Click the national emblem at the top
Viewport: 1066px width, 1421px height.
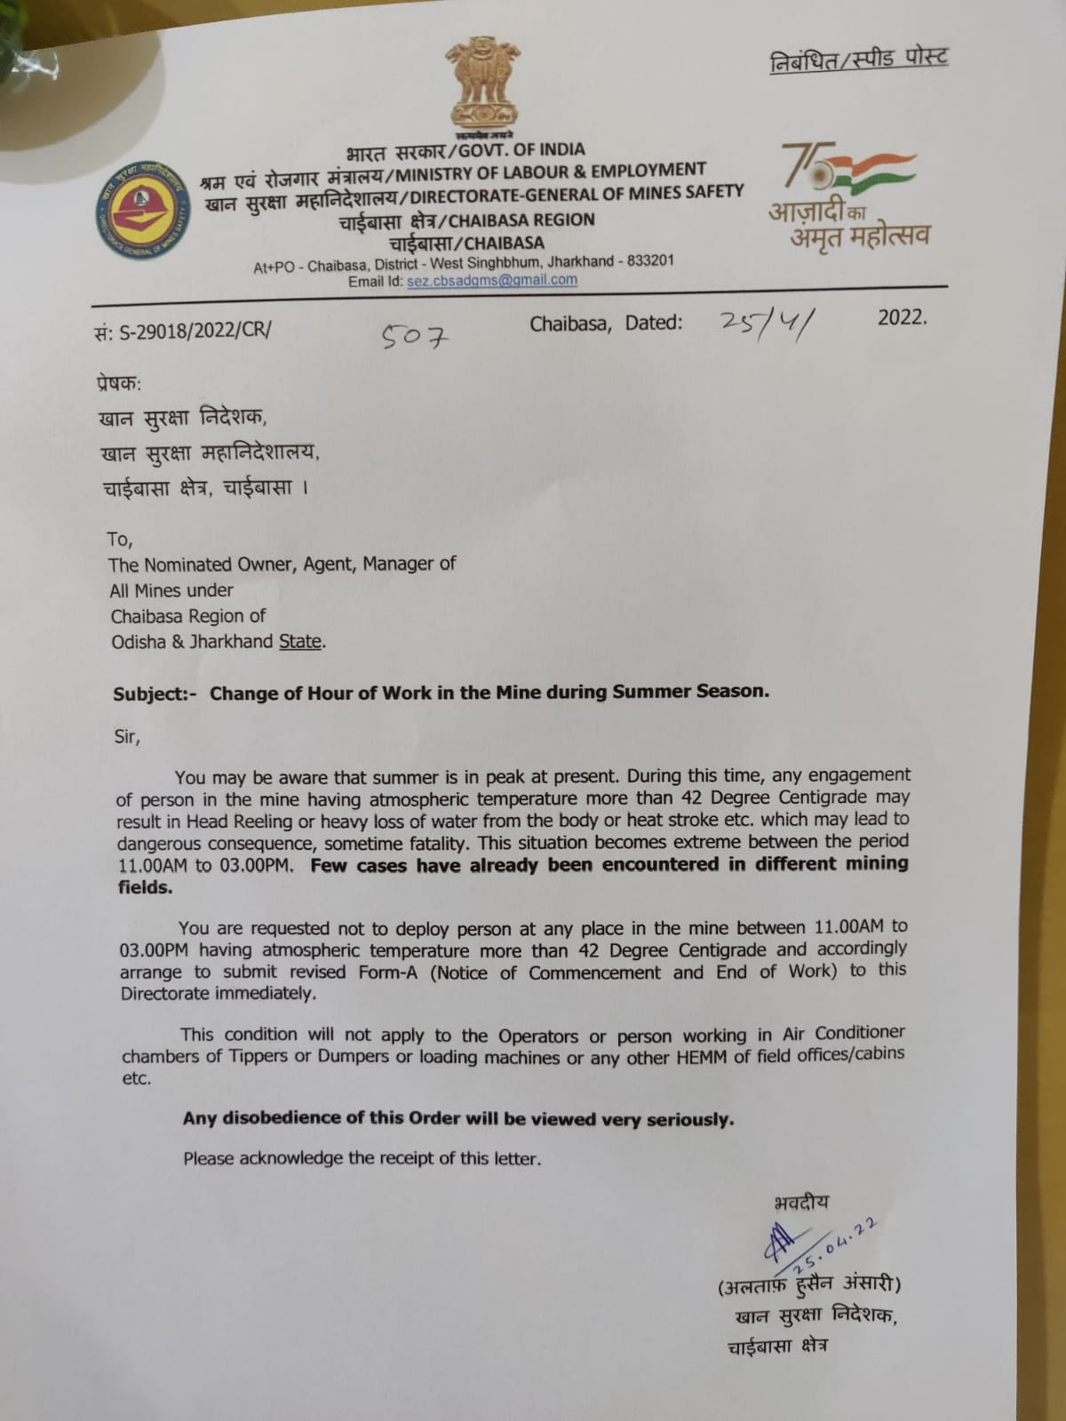coord(482,84)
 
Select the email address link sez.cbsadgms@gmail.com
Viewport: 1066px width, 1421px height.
coord(491,280)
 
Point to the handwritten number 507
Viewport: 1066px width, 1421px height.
coord(415,336)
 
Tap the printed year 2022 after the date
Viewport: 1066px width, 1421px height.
coord(902,317)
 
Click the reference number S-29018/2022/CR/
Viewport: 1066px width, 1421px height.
coord(182,331)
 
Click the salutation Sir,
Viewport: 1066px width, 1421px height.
coord(127,736)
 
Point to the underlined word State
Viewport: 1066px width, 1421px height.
coord(300,641)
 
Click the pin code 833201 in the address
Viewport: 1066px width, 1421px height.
coord(650,261)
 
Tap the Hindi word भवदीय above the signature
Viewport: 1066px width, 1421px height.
coord(800,1203)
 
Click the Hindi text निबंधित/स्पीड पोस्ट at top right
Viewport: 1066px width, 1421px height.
coord(858,60)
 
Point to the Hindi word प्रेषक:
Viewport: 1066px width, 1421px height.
coord(118,384)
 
